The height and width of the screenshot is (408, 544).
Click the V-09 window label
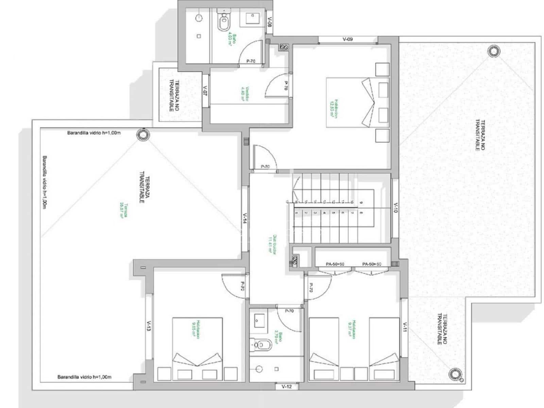click(347, 39)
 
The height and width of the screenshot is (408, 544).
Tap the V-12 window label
click(287, 387)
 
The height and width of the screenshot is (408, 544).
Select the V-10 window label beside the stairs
click(395, 208)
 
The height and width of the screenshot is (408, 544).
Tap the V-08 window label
click(269, 22)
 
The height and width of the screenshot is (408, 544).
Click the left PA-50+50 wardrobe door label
click(335, 264)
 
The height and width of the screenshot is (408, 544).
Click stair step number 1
click(297, 213)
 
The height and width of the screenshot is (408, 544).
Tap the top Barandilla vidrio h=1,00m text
click(94, 133)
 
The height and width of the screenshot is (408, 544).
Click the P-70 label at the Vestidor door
click(286, 85)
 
